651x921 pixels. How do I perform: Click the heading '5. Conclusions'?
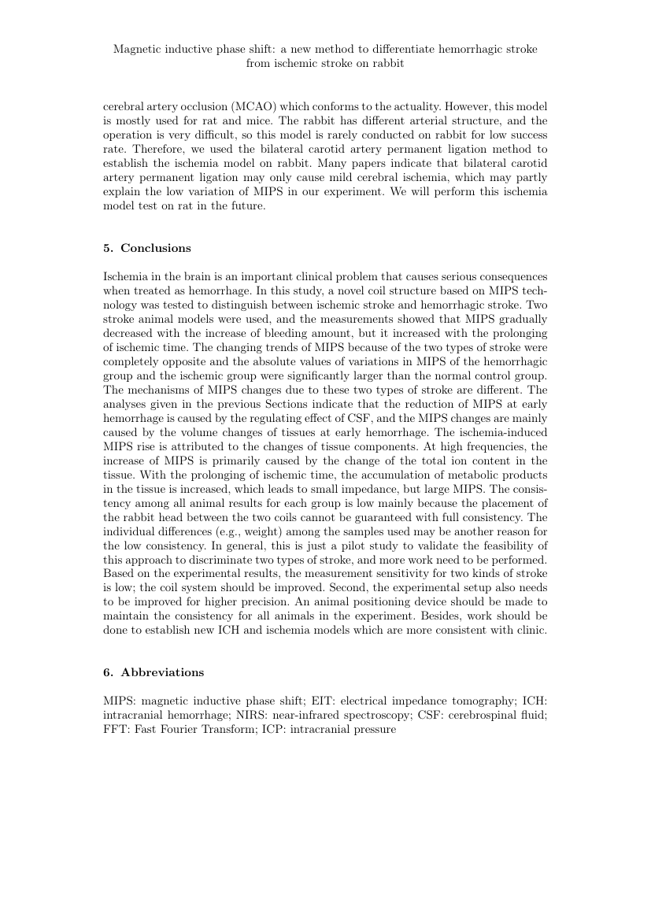pyautogui.click(x=147, y=248)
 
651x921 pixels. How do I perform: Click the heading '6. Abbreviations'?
pyautogui.click(x=154, y=672)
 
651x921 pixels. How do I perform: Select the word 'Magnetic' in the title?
pyautogui.click(x=137, y=50)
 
